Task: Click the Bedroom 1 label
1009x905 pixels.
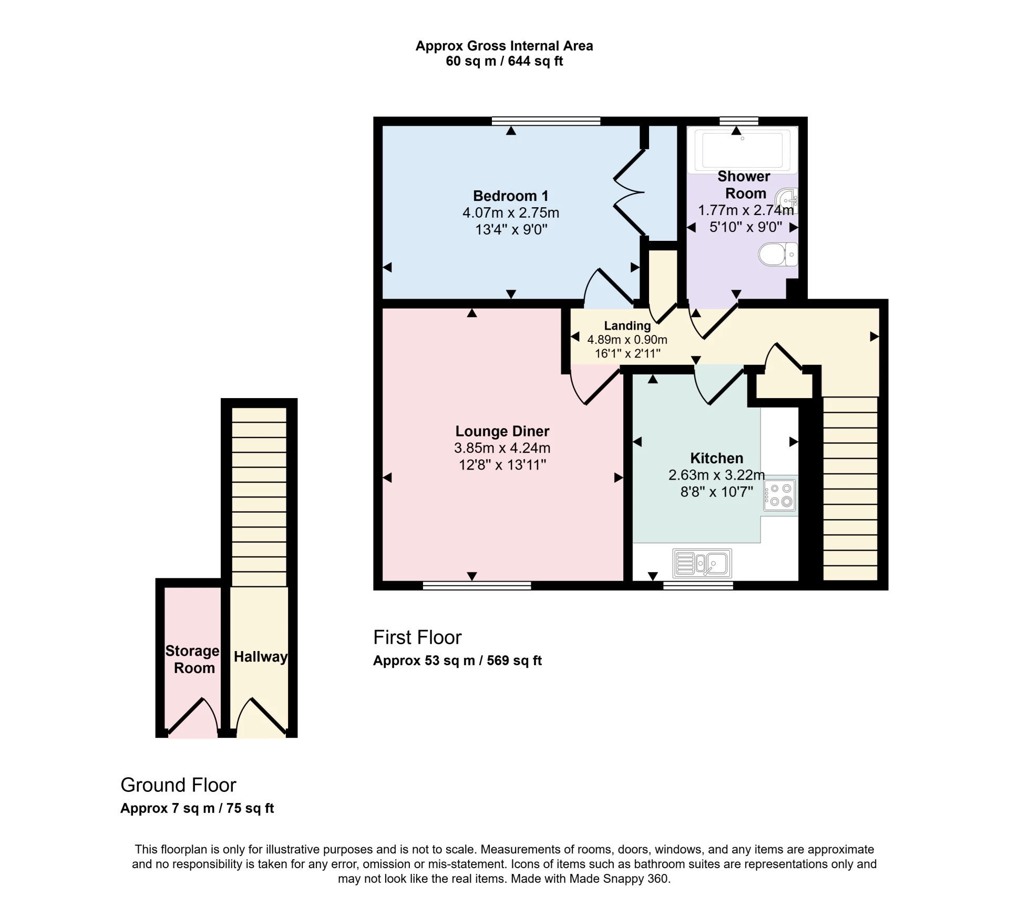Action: click(510, 196)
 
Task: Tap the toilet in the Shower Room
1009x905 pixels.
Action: click(778, 255)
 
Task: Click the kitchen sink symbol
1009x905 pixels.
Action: click(702, 564)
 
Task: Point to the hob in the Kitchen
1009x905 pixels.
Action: click(780, 495)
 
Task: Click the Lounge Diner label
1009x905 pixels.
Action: click(502, 431)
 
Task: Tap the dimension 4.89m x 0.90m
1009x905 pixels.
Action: click(627, 340)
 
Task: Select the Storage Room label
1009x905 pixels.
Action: click(193, 659)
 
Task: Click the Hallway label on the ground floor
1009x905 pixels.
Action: click(260, 657)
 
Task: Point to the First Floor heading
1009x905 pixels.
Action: click(417, 638)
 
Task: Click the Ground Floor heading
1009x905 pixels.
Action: click(178, 785)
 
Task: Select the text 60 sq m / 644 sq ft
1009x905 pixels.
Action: click(504, 62)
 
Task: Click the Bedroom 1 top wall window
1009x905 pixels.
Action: click(546, 121)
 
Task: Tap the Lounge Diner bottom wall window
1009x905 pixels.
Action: click(477, 585)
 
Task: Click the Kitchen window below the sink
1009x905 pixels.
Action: click(698, 585)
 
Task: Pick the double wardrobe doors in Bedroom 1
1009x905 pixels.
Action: click(630, 192)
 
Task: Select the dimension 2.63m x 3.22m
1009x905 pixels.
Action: click(716, 475)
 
